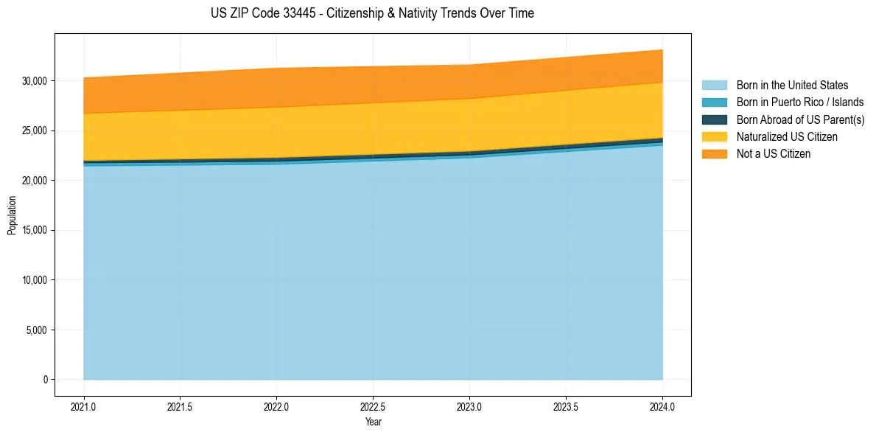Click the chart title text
[x=372, y=13]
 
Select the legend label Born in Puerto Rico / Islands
[x=800, y=102]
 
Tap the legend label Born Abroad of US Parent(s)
[x=800, y=119]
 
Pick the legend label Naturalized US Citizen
[x=787, y=137]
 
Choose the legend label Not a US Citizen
[x=774, y=154]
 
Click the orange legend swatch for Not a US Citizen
[x=714, y=154]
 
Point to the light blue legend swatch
[x=714, y=86]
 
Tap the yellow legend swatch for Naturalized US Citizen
[x=714, y=137]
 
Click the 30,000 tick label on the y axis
[x=35, y=80]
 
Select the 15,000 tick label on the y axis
[x=35, y=230]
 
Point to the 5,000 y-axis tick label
[x=38, y=330]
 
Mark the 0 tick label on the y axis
[x=45, y=380]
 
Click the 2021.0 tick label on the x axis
[x=84, y=406]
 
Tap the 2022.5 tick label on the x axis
[x=374, y=406]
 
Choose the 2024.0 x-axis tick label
[x=662, y=406]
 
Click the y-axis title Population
[x=12, y=215]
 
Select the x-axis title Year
[x=374, y=422]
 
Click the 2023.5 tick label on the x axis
[x=566, y=406]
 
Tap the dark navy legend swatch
[x=714, y=119]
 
